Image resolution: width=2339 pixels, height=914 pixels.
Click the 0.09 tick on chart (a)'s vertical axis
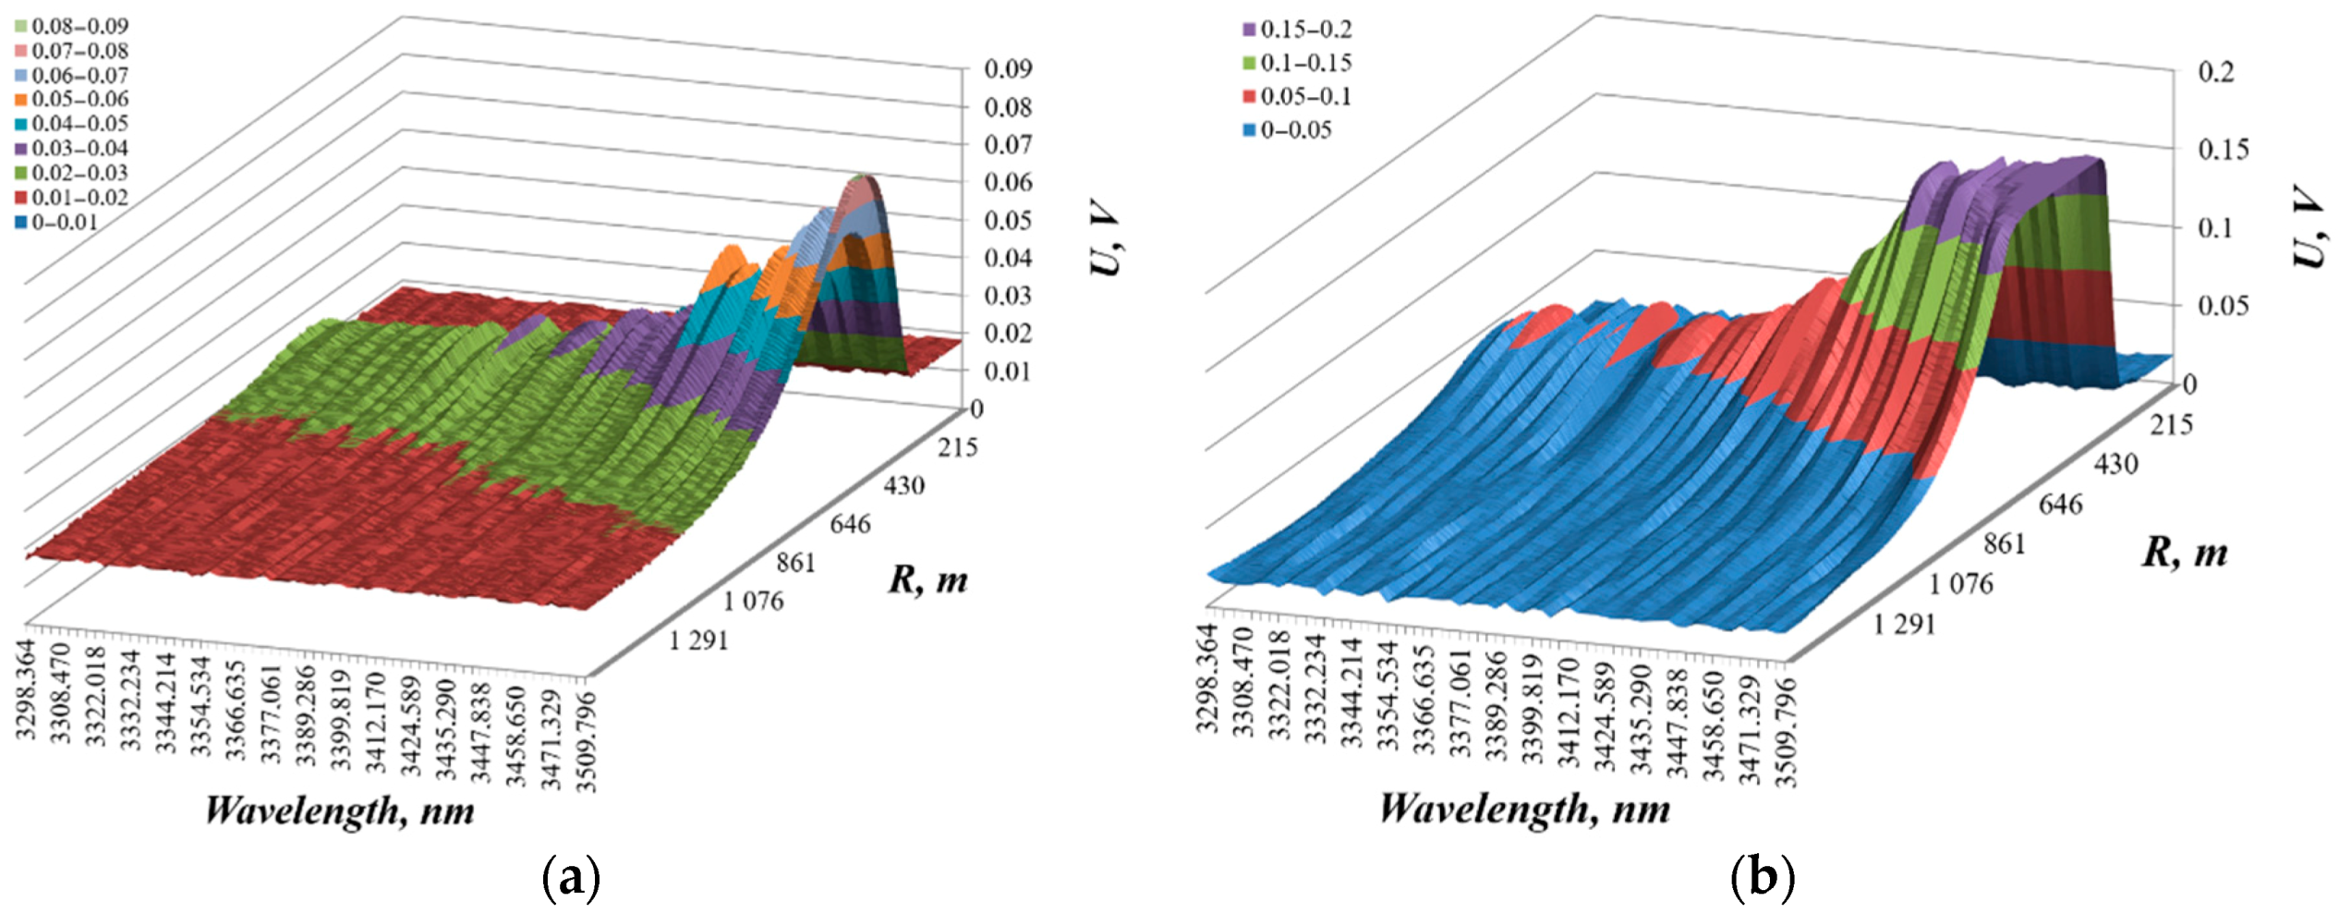point(1007,69)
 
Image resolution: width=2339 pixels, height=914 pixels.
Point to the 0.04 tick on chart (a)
point(1007,258)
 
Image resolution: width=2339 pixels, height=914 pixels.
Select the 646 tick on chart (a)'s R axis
point(849,524)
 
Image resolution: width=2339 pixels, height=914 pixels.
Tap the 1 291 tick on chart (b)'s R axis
point(1903,625)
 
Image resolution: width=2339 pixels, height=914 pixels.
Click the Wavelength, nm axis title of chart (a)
point(339,811)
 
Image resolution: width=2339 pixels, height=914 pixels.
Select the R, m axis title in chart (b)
point(2184,553)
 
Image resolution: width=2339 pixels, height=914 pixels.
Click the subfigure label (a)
point(571,877)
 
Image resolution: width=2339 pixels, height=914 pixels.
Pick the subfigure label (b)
point(1762,877)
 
